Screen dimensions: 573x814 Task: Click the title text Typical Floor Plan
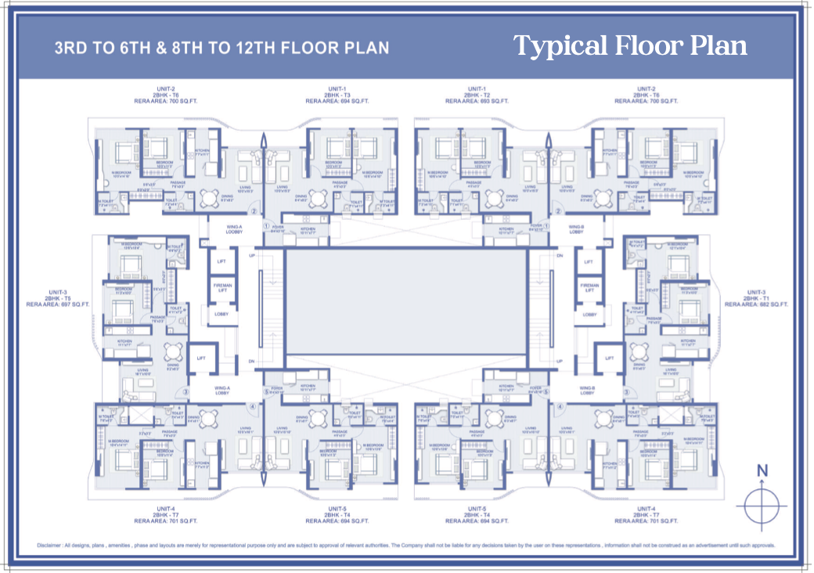tap(629, 46)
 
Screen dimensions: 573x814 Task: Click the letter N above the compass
tap(762, 470)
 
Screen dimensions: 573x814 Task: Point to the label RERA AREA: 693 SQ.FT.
tap(477, 101)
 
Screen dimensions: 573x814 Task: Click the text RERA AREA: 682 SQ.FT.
tap(756, 305)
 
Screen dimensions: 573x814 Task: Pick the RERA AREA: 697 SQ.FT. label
tap(58, 305)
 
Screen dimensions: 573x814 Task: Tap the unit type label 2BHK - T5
tap(58, 298)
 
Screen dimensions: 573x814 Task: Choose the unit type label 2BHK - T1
tap(756, 298)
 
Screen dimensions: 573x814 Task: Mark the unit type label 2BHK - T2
tap(477, 95)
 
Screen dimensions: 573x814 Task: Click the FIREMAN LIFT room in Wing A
tap(222, 288)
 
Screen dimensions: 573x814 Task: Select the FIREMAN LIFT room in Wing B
tap(589, 288)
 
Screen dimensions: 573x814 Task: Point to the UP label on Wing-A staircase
tap(251, 256)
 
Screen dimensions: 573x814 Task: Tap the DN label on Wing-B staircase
tap(560, 256)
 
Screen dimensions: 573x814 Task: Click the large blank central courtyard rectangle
tap(405, 305)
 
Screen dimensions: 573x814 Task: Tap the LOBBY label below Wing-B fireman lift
tap(589, 315)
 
